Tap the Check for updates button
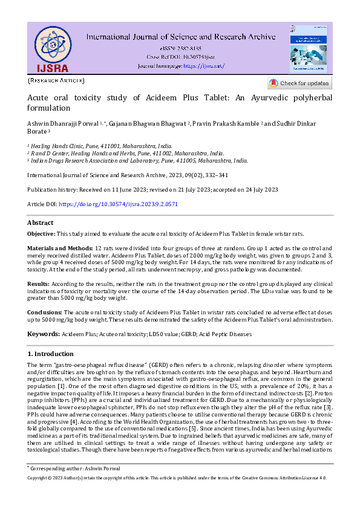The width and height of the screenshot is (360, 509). [299, 83]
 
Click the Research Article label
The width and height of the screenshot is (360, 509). [56, 80]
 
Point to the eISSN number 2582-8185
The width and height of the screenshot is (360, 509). [189, 48]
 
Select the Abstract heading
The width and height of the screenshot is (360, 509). [40, 223]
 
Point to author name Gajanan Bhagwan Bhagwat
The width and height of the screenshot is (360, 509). [155, 123]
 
